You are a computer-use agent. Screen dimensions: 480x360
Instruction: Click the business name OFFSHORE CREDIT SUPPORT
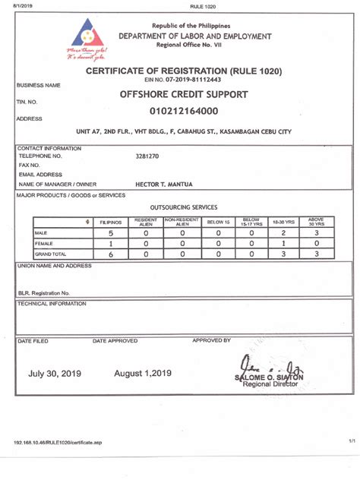point(183,94)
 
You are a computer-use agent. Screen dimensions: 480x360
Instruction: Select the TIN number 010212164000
point(184,111)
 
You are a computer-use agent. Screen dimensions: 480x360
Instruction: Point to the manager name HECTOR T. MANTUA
point(161,184)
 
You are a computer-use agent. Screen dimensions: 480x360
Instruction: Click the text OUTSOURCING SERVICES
point(184,207)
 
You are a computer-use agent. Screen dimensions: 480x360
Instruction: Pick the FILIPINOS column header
point(111,222)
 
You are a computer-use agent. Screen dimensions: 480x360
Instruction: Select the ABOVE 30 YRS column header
point(316,222)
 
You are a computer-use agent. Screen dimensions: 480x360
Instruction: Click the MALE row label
point(41,233)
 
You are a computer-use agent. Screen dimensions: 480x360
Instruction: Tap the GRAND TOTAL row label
point(48,254)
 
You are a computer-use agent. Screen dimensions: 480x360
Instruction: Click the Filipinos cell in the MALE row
point(111,233)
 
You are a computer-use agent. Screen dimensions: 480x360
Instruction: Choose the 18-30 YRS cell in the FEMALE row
point(283,244)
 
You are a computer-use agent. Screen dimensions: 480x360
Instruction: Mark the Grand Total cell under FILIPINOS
point(111,254)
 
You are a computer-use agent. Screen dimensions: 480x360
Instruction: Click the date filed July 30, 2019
point(54,373)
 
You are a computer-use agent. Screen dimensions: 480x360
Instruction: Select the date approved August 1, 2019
point(143,373)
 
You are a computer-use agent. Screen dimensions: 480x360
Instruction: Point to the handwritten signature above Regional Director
point(266,365)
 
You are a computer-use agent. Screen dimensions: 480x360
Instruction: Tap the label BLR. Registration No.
point(44,292)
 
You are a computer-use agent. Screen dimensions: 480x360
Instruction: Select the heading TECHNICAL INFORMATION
point(52,303)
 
